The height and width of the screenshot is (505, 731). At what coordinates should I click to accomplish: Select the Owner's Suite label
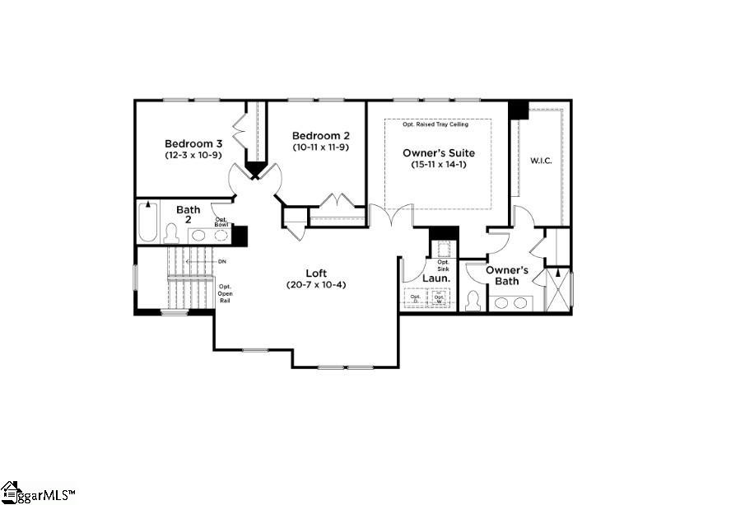pos(438,152)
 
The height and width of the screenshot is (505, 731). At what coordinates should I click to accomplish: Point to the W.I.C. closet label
pos(540,160)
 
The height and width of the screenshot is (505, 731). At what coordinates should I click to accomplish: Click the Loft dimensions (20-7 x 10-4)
pos(316,285)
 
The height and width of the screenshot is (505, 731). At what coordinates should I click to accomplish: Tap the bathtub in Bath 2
pos(147,221)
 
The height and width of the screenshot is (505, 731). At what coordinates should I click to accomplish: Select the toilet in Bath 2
pos(172,234)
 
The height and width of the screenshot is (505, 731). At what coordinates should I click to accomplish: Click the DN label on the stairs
pos(221,261)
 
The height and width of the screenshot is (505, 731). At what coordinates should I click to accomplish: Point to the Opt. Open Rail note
pos(225,294)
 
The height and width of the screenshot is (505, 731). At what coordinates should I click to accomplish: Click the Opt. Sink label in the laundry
pos(443,265)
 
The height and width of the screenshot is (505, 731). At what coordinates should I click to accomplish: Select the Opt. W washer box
pos(441,297)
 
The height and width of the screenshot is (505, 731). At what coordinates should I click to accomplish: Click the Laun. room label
pos(435,279)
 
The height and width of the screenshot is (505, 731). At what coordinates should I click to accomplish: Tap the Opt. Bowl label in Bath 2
pos(221,221)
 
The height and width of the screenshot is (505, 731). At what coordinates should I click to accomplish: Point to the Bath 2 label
pos(188,214)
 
